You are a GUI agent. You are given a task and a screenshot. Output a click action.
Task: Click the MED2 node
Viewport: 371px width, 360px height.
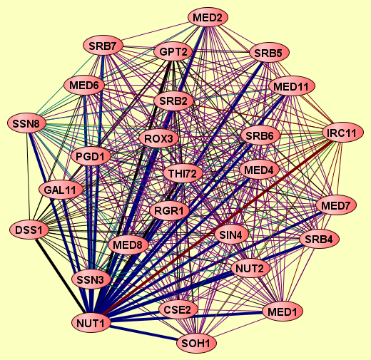[x=208, y=18]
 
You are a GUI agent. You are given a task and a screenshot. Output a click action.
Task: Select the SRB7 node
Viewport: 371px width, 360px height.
[x=103, y=46]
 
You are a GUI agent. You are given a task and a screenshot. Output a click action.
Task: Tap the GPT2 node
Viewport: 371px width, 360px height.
[x=173, y=51]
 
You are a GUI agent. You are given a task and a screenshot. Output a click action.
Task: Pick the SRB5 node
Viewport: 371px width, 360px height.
[x=269, y=53]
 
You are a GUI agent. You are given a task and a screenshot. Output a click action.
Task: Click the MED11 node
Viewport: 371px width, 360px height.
[x=291, y=86]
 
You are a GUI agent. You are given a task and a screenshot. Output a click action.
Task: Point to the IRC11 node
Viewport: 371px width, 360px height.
[x=342, y=133]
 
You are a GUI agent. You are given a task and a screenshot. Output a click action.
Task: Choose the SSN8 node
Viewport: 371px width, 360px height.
[x=26, y=123]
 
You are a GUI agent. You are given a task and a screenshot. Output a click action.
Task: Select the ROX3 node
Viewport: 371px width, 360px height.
[x=158, y=138]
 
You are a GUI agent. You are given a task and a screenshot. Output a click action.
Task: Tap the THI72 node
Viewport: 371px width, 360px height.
[x=183, y=173]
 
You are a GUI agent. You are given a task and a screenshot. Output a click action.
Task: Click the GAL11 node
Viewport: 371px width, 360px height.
[x=61, y=190]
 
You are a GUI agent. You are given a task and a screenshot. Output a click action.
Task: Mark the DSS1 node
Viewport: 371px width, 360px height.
[x=29, y=230]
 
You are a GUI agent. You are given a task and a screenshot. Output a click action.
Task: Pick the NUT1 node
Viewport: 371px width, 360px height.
[x=91, y=323]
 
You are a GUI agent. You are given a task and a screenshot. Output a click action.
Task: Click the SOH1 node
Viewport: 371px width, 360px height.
[x=196, y=343]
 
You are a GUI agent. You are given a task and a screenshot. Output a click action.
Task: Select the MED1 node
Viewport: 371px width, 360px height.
[x=283, y=312]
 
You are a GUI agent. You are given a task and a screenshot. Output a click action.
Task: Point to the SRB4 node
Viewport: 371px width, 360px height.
[x=319, y=239]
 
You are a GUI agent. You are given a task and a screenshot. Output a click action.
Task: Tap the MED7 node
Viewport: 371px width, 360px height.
[x=336, y=205]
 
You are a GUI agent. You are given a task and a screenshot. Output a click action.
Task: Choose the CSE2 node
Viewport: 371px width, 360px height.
[x=178, y=309]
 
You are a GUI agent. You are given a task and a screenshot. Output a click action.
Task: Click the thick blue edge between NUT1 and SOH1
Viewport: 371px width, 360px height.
[x=144, y=333]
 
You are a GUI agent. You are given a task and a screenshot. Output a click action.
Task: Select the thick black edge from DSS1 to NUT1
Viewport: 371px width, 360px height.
[x=61, y=276]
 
